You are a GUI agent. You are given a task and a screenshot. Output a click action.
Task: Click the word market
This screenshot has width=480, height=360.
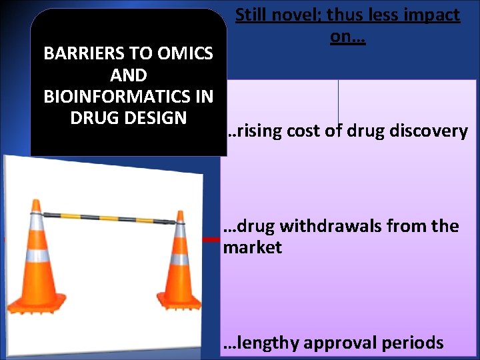(x=252, y=248)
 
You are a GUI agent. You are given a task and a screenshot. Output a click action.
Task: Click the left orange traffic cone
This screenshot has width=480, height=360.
(x=37, y=260)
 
